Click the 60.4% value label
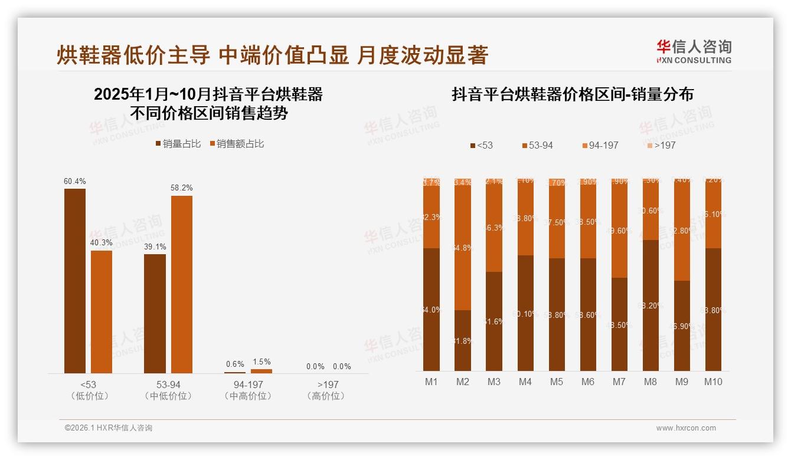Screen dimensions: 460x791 click(74, 181)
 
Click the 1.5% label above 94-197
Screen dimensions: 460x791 click(262, 362)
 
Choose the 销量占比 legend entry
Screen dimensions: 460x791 click(178, 144)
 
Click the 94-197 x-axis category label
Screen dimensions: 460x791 click(248, 390)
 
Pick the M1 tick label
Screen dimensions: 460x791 click(432, 382)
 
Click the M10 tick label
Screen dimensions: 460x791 click(713, 382)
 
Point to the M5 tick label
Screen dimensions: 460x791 click(557, 382)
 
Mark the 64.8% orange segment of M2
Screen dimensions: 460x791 click(463, 248)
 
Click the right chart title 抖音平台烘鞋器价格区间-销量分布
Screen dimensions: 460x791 click(573, 94)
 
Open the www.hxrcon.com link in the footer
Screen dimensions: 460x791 click(686, 428)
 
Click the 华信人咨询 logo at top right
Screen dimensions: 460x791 click(694, 51)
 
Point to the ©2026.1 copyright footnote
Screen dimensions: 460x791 click(109, 428)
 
